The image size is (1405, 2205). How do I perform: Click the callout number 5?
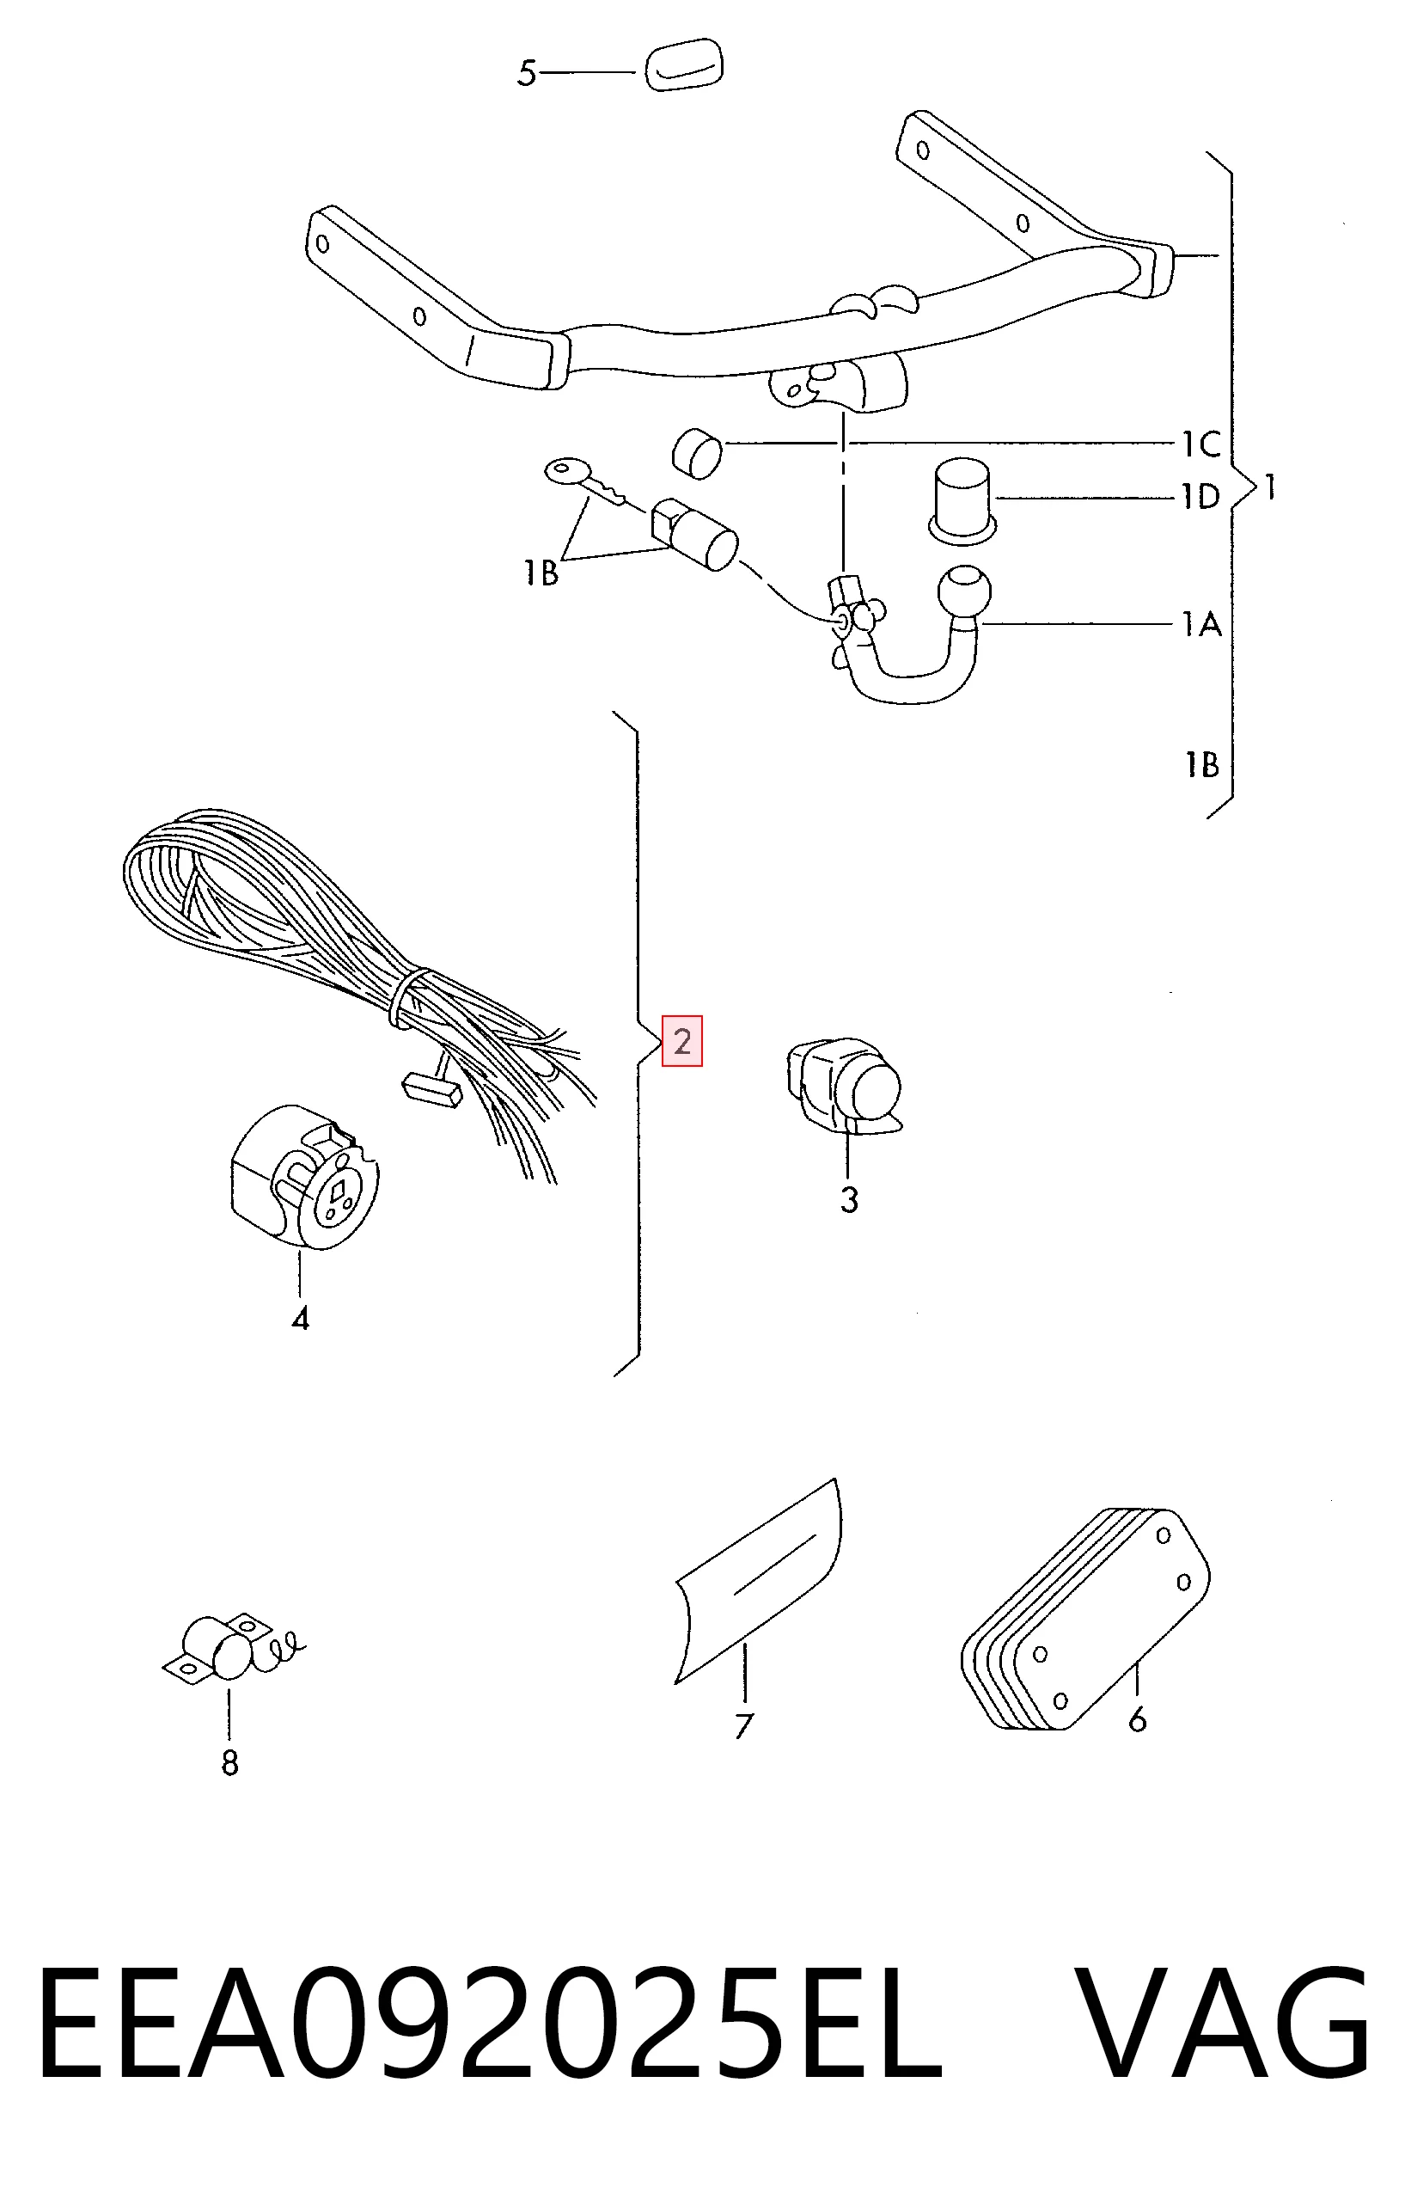[x=526, y=73]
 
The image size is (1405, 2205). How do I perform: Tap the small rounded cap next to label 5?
[x=684, y=65]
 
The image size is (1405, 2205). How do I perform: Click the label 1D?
[x=1200, y=497]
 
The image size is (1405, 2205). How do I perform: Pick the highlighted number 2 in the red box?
[x=682, y=1041]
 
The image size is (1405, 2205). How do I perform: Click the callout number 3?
[x=849, y=1199]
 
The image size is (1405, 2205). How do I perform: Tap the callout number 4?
[x=300, y=1319]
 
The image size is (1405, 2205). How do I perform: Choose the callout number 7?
[x=743, y=1726]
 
